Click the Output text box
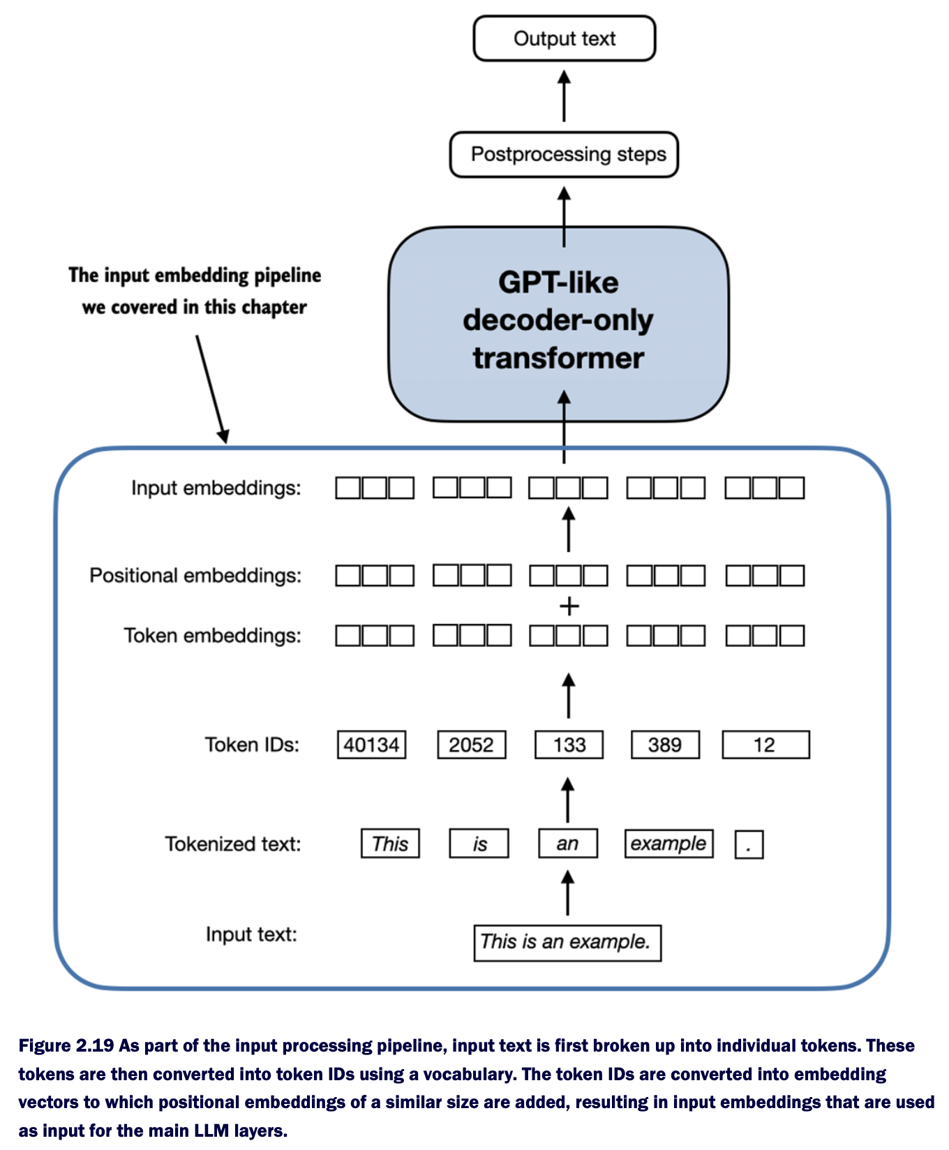tap(564, 38)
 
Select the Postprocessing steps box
tap(564, 154)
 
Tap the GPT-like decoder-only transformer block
tap(558, 322)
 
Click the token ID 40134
tap(371, 745)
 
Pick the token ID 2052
tap(471, 745)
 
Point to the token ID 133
tap(569, 745)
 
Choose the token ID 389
tap(664, 745)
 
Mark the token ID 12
tap(765, 745)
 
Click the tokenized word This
tap(390, 844)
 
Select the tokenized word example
tap(668, 844)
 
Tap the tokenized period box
tap(749, 845)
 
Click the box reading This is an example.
tap(567, 943)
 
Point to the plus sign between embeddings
tap(569, 606)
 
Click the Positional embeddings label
tap(195, 576)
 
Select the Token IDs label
tap(252, 745)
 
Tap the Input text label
tap(251, 934)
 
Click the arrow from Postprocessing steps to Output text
tap(565, 96)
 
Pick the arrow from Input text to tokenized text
tap(568, 893)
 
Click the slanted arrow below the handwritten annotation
tap(211, 388)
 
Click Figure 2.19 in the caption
tap(66, 1045)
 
